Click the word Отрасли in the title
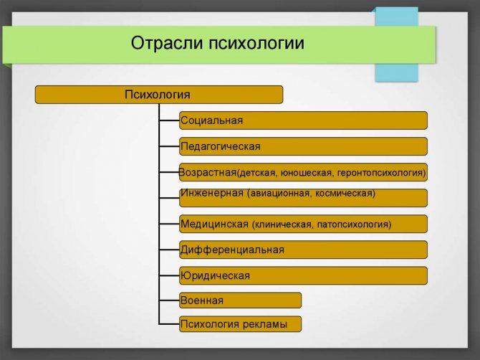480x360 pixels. [167, 42]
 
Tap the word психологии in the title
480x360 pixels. [257, 43]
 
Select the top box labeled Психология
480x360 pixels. [159, 95]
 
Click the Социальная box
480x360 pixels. [303, 120]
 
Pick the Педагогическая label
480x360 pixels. [221, 146]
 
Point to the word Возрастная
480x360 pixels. [208, 172]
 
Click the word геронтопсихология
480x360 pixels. [380, 173]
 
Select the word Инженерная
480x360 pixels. [212, 193]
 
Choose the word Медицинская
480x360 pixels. [214, 224]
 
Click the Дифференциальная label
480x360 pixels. [232, 250]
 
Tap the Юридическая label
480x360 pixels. [215, 276]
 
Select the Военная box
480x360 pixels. [240, 300]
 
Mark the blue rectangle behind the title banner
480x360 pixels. [396, 44]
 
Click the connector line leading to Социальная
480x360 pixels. [169, 120]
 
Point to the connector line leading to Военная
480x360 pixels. [169, 300]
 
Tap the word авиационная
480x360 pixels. [280, 194]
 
